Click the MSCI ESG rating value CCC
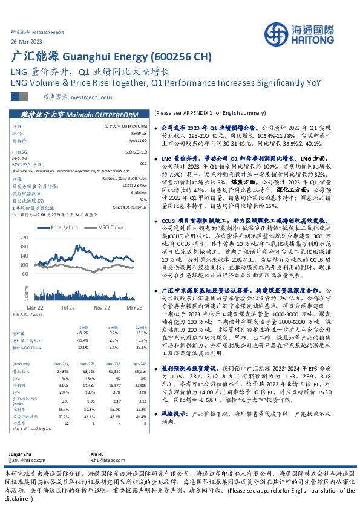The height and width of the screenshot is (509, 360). click(143, 163)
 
